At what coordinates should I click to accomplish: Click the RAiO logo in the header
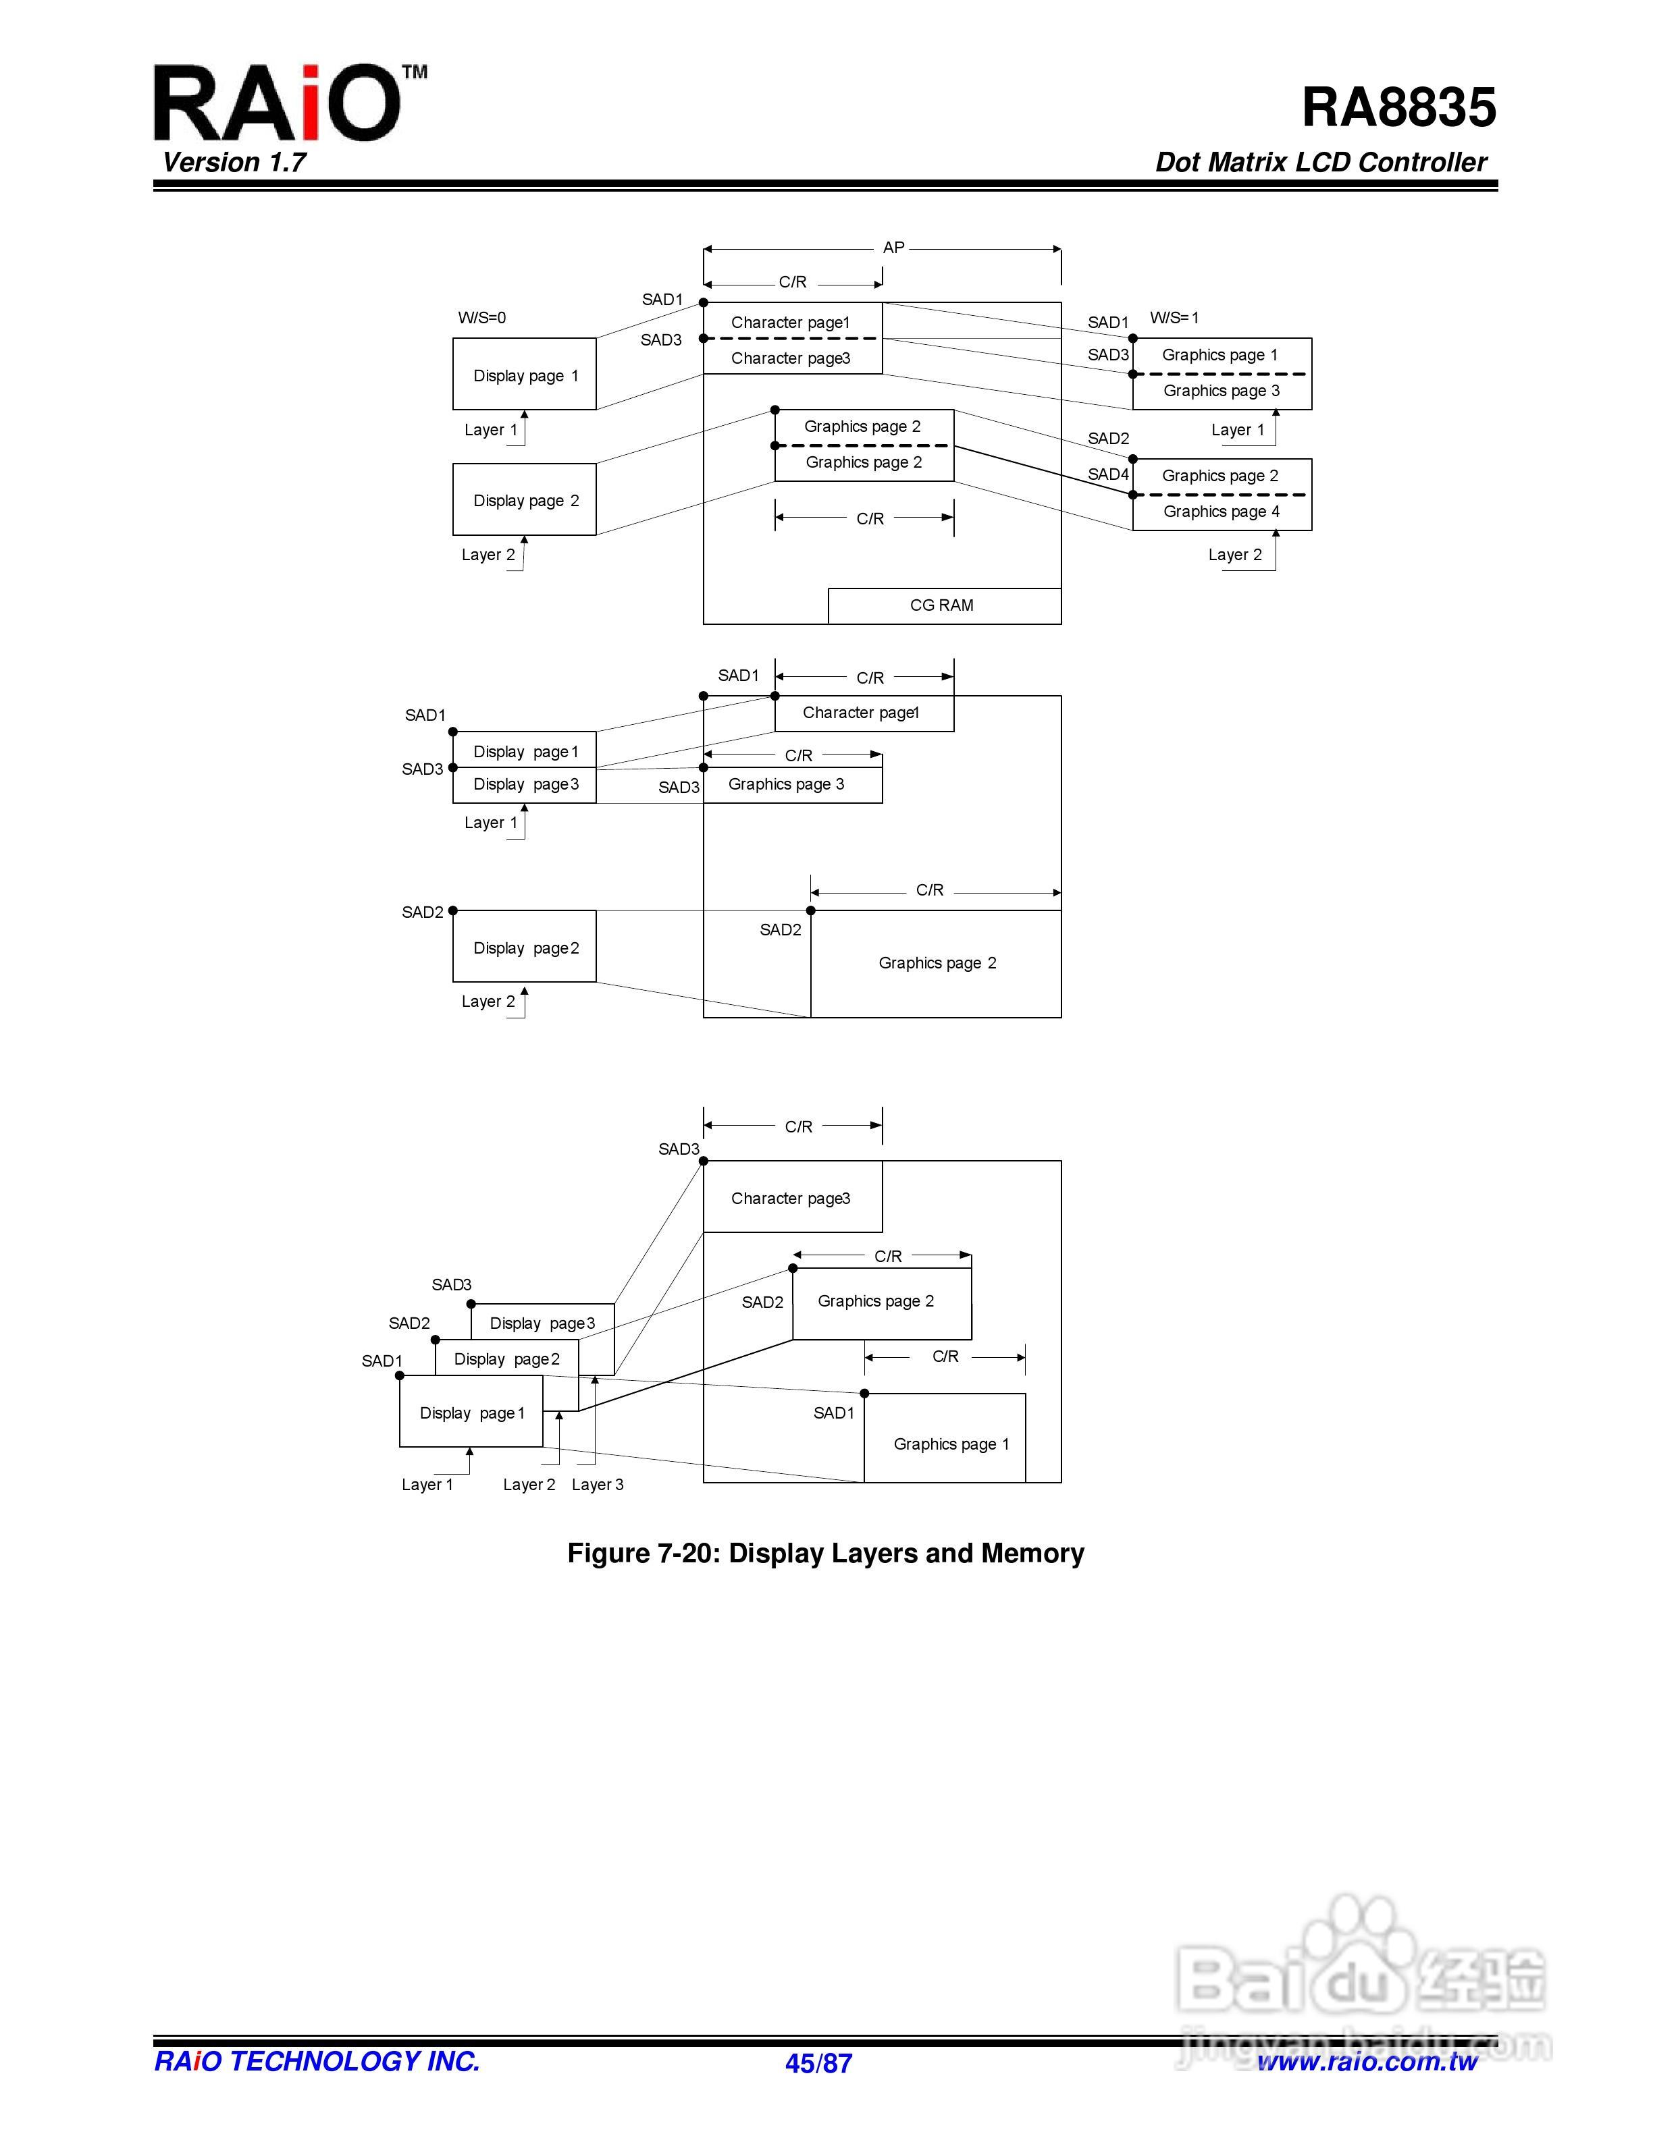(277, 104)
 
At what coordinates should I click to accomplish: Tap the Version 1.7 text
(234, 163)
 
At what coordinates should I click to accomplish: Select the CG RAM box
(943, 606)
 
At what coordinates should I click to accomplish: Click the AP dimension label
(893, 248)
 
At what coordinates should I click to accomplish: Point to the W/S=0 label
(482, 318)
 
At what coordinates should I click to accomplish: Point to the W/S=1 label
(1174, 318)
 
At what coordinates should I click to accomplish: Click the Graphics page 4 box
(1221, 512)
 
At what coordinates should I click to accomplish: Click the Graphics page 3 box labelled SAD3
(791, 785)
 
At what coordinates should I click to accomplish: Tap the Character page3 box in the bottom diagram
(791, 1198)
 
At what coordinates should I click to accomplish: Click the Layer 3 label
(598, 1485)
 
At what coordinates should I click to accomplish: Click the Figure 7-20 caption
(826, 1554)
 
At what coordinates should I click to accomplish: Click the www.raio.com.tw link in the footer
(1367, 2062)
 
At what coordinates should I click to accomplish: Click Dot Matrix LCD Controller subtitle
(1320, 163)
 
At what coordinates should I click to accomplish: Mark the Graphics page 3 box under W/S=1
(1221, 391)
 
